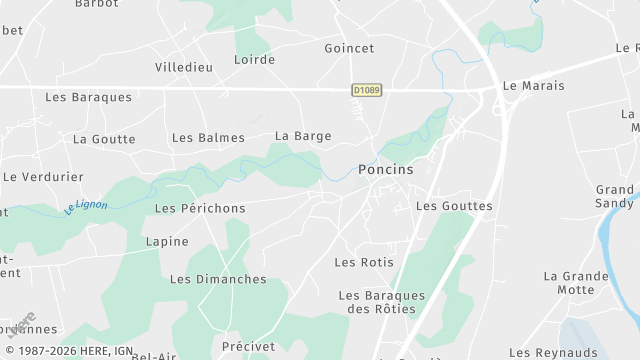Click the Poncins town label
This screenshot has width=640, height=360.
pos(385,170)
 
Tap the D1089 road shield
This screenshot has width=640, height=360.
pos(366,90)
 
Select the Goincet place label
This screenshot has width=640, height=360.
pos(349,48)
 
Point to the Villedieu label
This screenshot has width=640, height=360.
pos(185,67)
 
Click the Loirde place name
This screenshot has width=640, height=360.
pos(254,60)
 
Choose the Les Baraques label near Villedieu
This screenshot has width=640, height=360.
pos(88,97)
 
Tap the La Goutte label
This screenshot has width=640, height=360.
pos(104,139)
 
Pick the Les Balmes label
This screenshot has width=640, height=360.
pos(208,138)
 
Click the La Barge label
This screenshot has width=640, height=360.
pos(303,136)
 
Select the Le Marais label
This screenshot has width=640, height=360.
pos(533,86)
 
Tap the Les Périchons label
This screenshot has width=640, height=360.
pos(200,208)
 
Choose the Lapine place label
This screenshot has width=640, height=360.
pos(166,242)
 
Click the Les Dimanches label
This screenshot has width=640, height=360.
pos(218,280)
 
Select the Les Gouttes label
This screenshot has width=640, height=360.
pos(454,206)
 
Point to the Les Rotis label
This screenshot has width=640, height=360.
pos(364,263)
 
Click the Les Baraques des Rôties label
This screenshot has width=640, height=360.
pos(382,302)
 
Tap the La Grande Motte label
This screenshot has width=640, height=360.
pos(576,283)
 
